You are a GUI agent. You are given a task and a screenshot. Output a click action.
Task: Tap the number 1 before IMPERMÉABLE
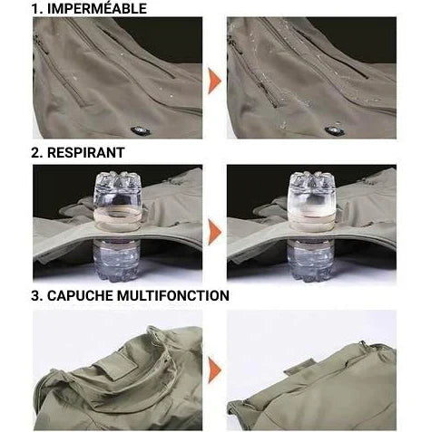pos(37,9)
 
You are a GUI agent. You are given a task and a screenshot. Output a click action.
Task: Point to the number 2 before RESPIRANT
pos(37,153)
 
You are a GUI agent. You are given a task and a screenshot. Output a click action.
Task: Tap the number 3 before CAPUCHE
pos(37,295)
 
